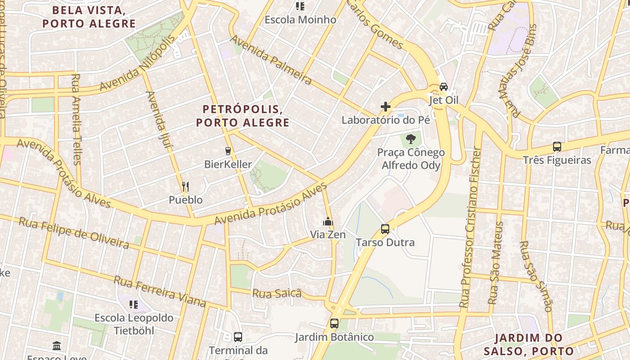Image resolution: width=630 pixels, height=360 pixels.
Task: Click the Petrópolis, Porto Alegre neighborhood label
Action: (243, 116)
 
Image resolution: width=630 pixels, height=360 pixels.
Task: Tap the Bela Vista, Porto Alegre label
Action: (89, 17)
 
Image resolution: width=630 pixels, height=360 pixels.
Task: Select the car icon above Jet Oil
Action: (444, 86)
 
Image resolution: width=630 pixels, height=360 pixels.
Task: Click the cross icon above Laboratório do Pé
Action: (386, 107)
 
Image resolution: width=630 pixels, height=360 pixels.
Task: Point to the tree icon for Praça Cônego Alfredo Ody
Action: (410, 139)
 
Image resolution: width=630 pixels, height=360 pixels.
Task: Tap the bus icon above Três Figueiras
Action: (557, 147)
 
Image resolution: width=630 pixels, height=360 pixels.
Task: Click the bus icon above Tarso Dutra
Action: (385, 229)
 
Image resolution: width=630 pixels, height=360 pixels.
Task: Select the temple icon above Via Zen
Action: (328, 221)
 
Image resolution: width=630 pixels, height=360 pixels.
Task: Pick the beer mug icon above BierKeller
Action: (228, 151)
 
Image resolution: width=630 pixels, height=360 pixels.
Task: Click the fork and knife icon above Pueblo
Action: (185, 186)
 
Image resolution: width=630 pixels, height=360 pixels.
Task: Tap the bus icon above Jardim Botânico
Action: (334, 324)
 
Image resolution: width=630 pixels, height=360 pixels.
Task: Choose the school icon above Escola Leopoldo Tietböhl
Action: (134, 305)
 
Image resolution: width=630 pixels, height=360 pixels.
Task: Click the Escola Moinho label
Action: (300, 20)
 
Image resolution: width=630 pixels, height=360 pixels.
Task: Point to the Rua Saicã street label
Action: (276, 293)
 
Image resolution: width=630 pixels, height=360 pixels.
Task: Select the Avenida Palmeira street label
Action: (271, 60)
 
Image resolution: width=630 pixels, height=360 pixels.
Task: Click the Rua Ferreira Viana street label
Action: (160, 291)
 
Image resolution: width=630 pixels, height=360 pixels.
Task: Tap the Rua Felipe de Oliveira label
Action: (73, 233)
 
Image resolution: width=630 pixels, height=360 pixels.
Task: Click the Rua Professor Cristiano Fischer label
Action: (470, 228)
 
